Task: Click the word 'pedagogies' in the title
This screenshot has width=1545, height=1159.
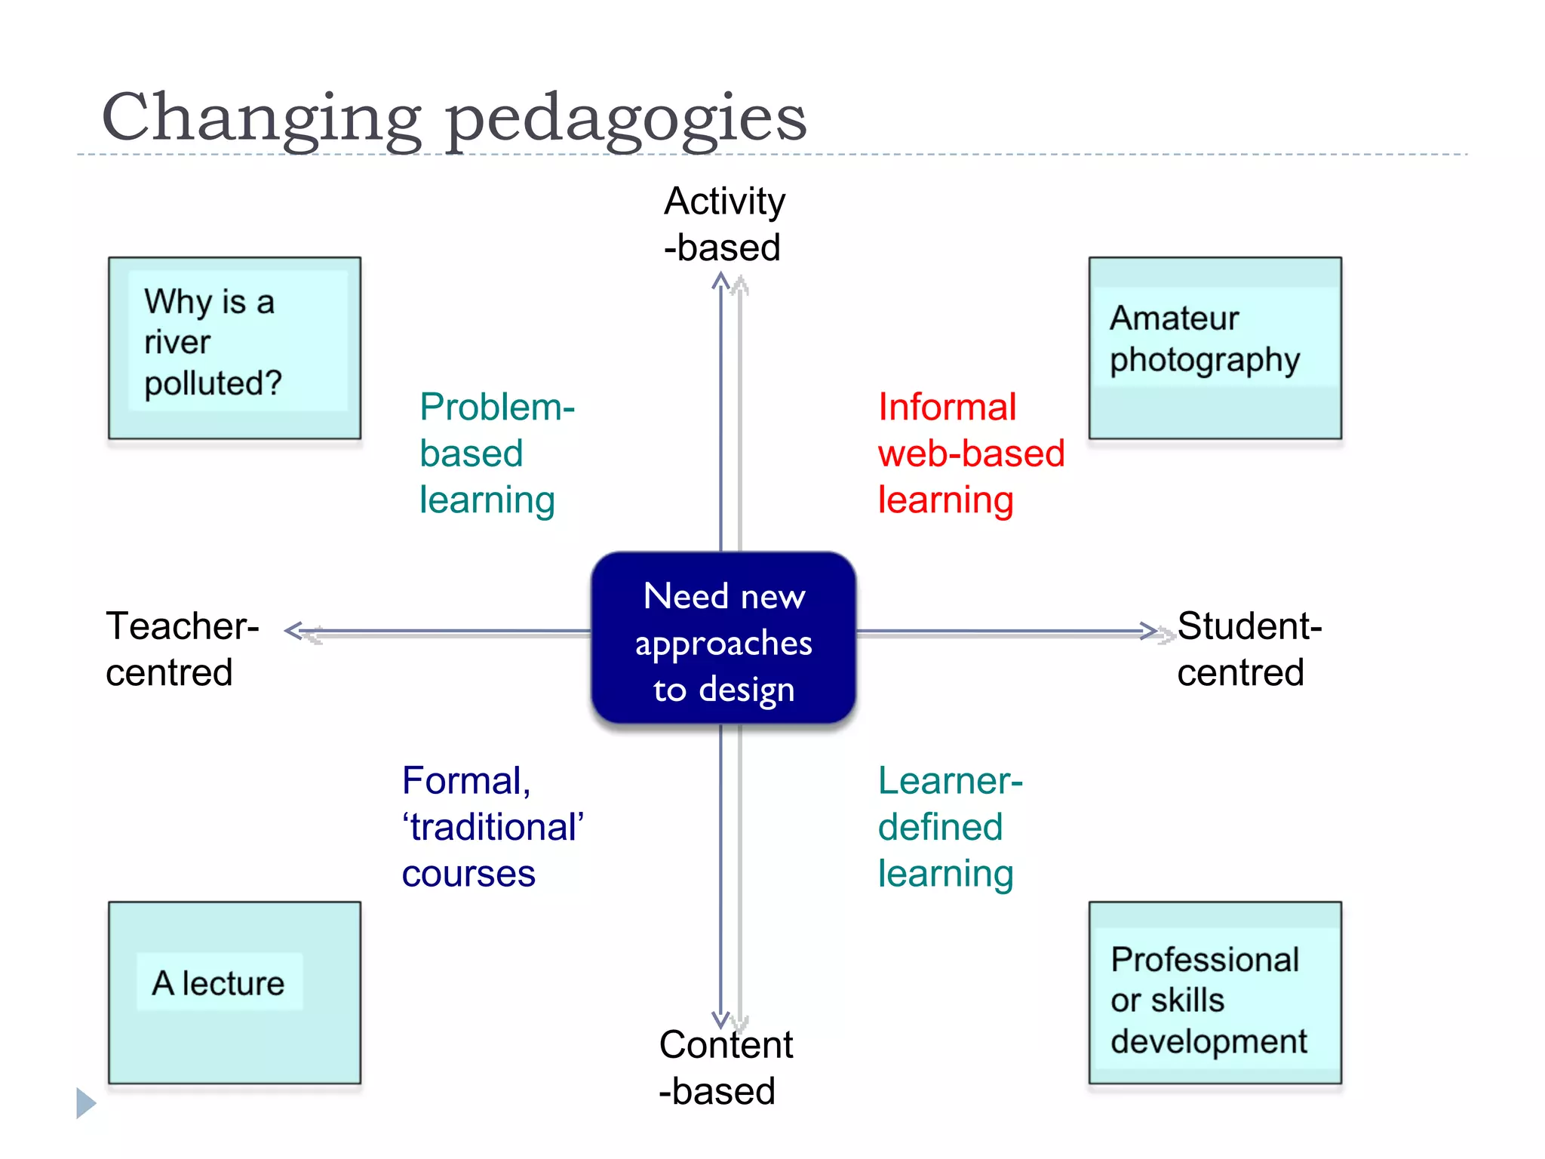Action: pyautogui.click(x=626, y=119)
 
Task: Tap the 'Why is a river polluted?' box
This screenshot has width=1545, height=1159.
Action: pyautogui.click(x=234, y=348)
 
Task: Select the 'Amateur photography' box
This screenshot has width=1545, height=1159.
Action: pyautogui.click(x=1215, y=348)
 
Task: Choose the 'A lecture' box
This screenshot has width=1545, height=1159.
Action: pyautogui.click(x=234, y=992)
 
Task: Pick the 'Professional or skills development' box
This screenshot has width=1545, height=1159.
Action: pyautogui.click(x=1215, y=992)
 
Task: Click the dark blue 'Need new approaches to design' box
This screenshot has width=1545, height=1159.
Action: pyautogui.click(x=723, y=638)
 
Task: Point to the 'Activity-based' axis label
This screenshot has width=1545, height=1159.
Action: pyautogui.click(x=724, y=224)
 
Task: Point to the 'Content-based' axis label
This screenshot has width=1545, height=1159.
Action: pyautogui.click(x=724, y=1067)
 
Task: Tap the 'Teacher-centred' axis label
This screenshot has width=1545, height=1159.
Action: pyautogui.click(x=182, y=649)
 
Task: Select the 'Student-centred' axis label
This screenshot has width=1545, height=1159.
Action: pyautogui.click(x=1249, y=649)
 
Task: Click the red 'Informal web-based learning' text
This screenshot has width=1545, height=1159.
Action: pyautogui.click(x=970, y=453)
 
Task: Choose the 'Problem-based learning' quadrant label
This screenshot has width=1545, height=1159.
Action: pyautogui.click(x=496, y=453)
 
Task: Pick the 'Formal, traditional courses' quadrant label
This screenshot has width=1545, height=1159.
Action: pyautogui.click(x=492, y=827)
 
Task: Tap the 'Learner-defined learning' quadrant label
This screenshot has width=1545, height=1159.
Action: pyautogui.click(x=949, y=827)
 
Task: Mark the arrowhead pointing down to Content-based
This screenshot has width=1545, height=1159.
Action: pyautogui.click(x=722, y=1020)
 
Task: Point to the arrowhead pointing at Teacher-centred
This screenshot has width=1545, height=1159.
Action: pyautogui.click(x=294, y=631)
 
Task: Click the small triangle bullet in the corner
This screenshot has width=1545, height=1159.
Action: pyautogui.click(x=85, y=1103)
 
